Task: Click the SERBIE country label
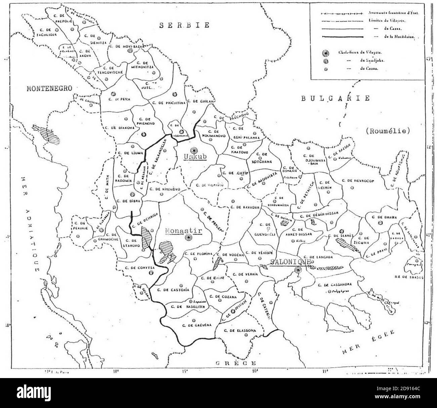click(x=185, y=25)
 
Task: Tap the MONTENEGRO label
click(x=50, y=88)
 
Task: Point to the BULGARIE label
click(x=335, y=98)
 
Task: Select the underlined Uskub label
click(x=194, y=157)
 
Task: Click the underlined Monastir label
click(x=183, y=231)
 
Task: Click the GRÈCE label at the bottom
click(x=236, y=363)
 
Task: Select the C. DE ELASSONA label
click(x=239, y=331)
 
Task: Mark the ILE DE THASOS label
click(x=410, y=277)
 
